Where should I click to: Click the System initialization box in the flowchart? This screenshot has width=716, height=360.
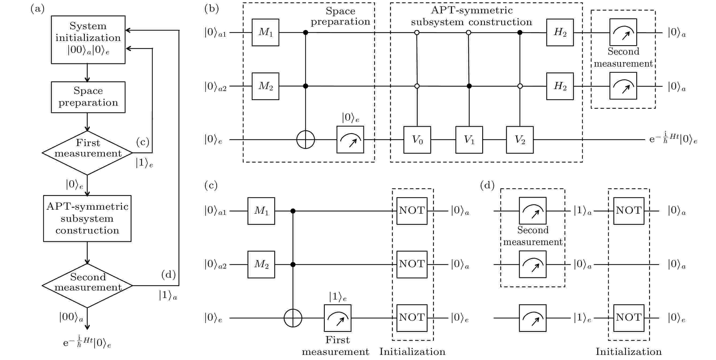click(x=88, y=40)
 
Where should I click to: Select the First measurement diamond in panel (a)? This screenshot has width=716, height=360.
click(x=87, y=153)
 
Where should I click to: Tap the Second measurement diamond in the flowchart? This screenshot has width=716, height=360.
click(x=87, y=285)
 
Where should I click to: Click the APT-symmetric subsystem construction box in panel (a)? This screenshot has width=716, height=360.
click(x=87, y=219)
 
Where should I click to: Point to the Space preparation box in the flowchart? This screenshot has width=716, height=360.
click(x=88, y=97)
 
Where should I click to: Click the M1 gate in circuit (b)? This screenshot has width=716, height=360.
click(x=265, y=33)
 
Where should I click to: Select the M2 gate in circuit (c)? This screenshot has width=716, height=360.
click(x=261, y=265)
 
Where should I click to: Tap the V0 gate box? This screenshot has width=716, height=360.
click(x=417, y=140)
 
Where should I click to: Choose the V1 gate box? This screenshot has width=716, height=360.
click(x=469, y=140)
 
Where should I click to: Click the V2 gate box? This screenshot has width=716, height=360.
click(x=520, y=140)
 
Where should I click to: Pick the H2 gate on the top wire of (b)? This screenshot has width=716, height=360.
click(x=560, y=33)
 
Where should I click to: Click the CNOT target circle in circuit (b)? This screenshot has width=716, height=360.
click(x=306, y=140)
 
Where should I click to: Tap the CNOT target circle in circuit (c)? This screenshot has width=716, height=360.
click(x=293, y=318)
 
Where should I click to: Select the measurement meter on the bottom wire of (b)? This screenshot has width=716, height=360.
click(x=350, y=140)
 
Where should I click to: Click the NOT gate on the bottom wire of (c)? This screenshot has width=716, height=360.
click(x=412, y=318)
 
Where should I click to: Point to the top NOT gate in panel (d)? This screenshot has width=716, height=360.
click(x=629, y=211)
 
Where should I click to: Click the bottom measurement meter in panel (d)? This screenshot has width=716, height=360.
click(x=533, y=318)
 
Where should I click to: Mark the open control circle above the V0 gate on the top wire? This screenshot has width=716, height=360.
click(x=417, y=33)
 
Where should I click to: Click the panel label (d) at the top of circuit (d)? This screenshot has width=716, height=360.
click(x=487, y=185)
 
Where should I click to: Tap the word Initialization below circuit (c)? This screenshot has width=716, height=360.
click(x=412, y=352)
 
